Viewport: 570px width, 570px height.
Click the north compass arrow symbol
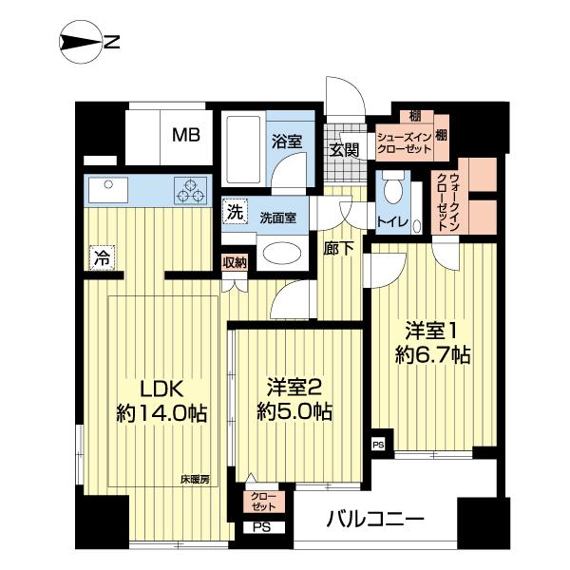click(80, 42)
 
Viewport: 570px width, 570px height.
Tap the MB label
click(185, 135)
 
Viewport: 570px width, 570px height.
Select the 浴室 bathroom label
click(286, 142)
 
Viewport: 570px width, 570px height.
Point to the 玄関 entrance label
click(343, 149)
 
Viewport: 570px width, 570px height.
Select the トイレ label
click(392, 222)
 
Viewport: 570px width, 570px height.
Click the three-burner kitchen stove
click(190, 190)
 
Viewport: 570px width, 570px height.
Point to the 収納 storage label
click(235, 263)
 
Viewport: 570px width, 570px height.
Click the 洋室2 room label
click(297, 388)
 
